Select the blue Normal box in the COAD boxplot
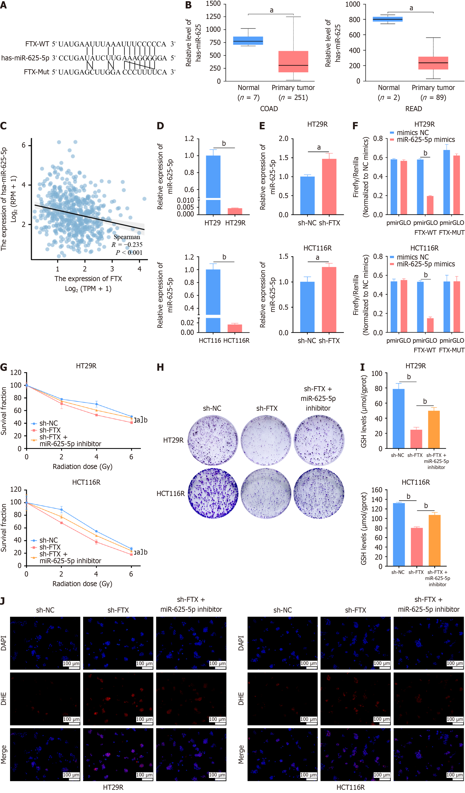coord(248,41)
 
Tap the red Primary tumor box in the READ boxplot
coord(433,63)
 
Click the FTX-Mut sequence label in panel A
coord(36,72)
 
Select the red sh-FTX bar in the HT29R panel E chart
coord(329,187)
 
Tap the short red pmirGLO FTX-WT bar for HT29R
coord(430,205)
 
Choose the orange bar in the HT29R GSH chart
coord(434,429)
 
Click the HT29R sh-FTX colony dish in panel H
coord(266,440)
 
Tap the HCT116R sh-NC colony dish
coord(213,493)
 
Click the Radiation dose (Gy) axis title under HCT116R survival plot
coord(82,584)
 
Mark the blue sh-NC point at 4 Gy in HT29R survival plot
coord(96,404)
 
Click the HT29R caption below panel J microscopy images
coord(113,787)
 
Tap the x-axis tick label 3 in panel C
coord(112,269)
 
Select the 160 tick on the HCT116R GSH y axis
coord(377,490)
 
